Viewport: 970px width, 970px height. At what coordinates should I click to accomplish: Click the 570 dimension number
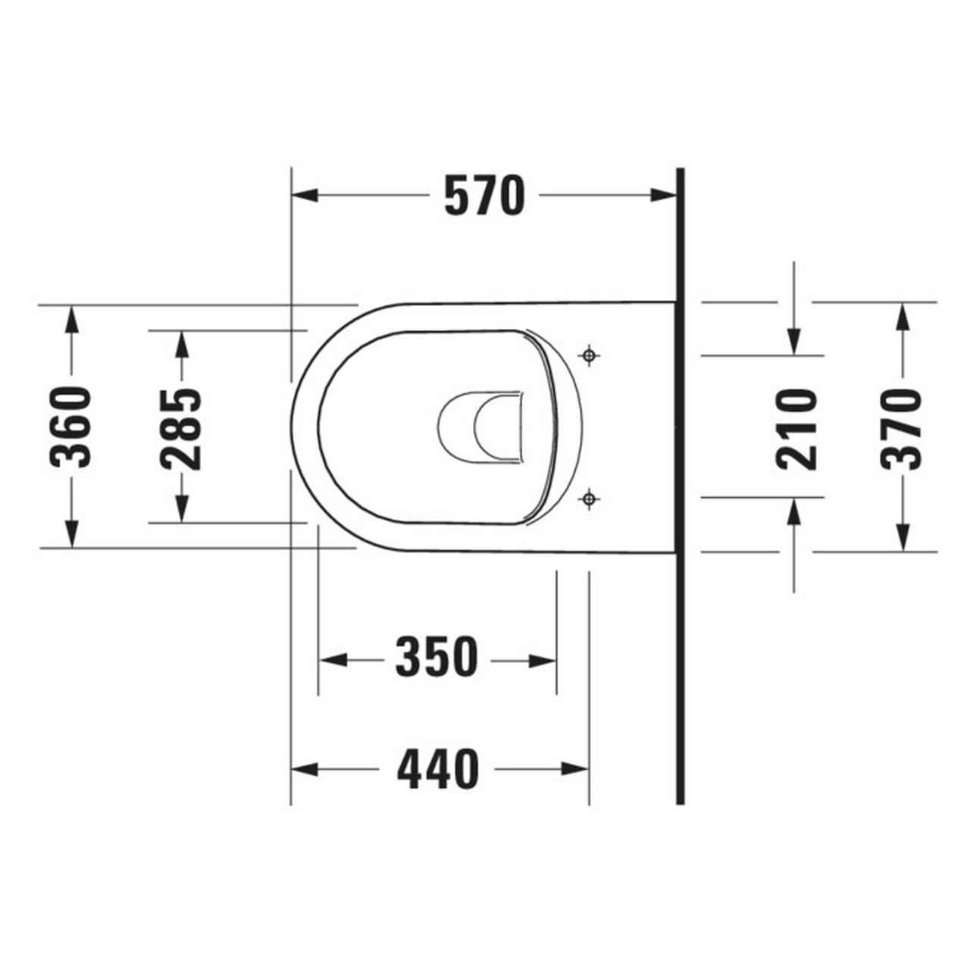483,196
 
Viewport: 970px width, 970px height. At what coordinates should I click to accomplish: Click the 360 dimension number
70,427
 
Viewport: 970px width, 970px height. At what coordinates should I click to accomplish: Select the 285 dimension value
181,428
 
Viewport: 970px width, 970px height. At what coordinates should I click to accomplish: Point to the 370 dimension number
902,428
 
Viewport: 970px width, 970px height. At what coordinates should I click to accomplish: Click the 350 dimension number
437,658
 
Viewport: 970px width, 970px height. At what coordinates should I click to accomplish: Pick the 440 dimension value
439,768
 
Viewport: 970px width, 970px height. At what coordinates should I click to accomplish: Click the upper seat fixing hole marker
589,355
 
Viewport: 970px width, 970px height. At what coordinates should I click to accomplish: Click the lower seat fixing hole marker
589,499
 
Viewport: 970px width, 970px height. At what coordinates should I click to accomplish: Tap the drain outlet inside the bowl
485,427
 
